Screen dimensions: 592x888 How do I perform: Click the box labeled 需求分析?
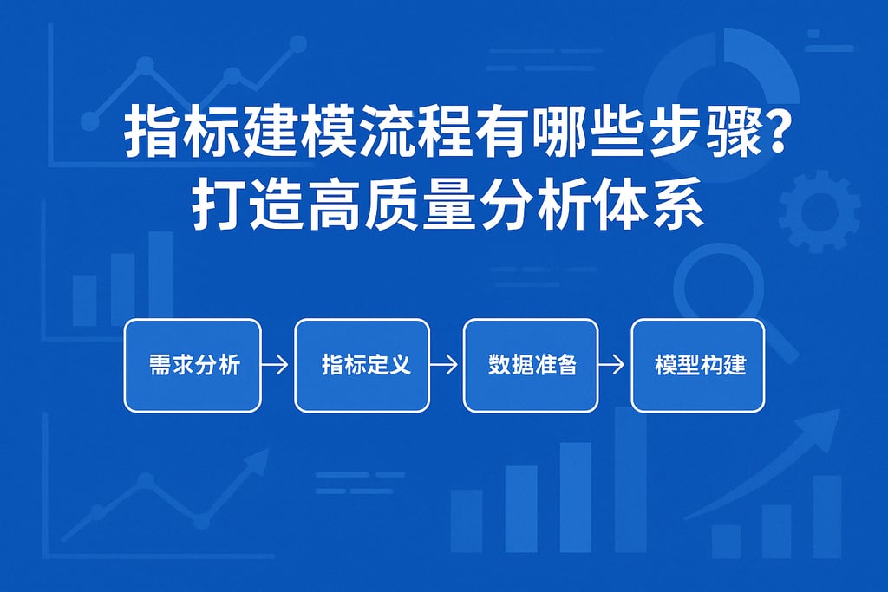coord(193,365)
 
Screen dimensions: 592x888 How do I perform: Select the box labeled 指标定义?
coord(362,365)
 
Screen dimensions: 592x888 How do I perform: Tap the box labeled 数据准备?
coord(531,365)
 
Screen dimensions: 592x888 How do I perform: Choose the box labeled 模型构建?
coord(698,365)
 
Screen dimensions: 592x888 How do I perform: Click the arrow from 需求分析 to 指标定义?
coord(276,366)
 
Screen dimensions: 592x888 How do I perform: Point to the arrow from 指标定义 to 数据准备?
coord(445,366)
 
